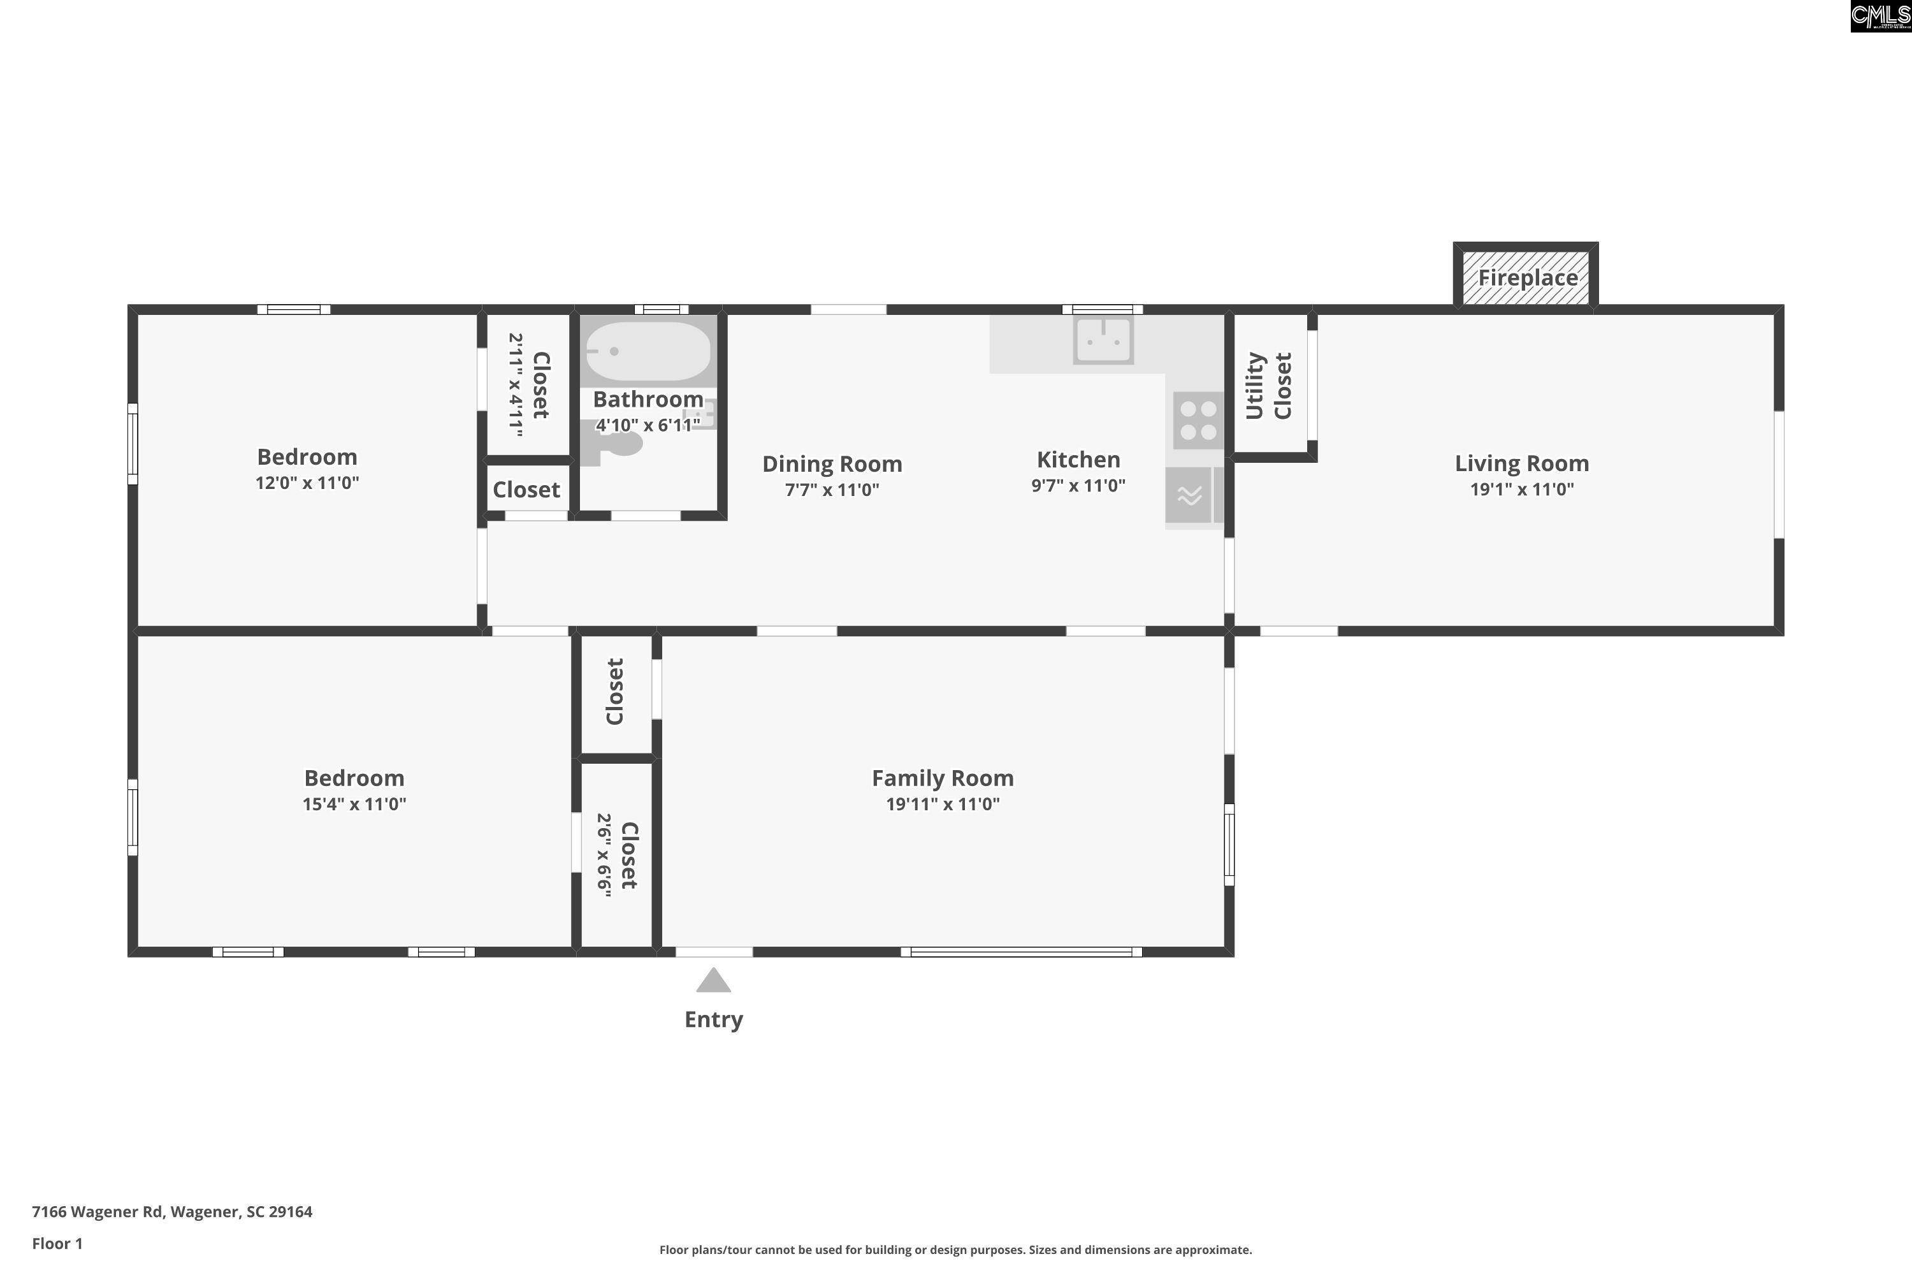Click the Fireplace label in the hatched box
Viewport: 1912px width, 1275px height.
(x=1526, y=278)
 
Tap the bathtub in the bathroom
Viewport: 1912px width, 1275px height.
(x=648, y=351)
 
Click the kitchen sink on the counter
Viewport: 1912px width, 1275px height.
(x=1103, y=339)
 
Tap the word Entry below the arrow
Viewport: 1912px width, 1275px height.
(x=713, y=1019)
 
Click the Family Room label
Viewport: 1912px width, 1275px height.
(x=942, y=778)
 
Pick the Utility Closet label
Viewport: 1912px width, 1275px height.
(x=1268, y=386)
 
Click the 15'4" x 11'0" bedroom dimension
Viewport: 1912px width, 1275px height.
(x=354, y=804)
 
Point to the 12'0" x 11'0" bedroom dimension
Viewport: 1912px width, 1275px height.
(x=307, y=483)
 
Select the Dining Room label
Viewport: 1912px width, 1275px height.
(x=832, y=464)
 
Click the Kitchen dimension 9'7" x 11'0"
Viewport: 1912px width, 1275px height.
(x=1078, y=485)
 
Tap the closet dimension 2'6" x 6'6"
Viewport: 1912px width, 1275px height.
(x=603, y=855)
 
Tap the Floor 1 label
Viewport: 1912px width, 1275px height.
(x=57, y=1243)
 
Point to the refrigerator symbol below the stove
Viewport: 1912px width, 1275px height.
(x=1193, y=495)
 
